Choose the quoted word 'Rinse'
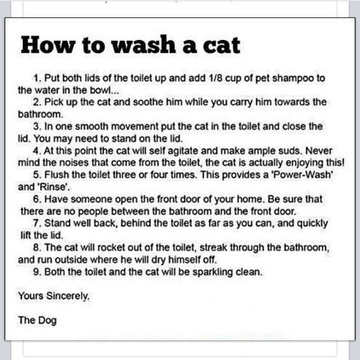[53, 187]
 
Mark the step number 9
[37, 272]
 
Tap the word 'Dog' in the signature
[47, 321]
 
